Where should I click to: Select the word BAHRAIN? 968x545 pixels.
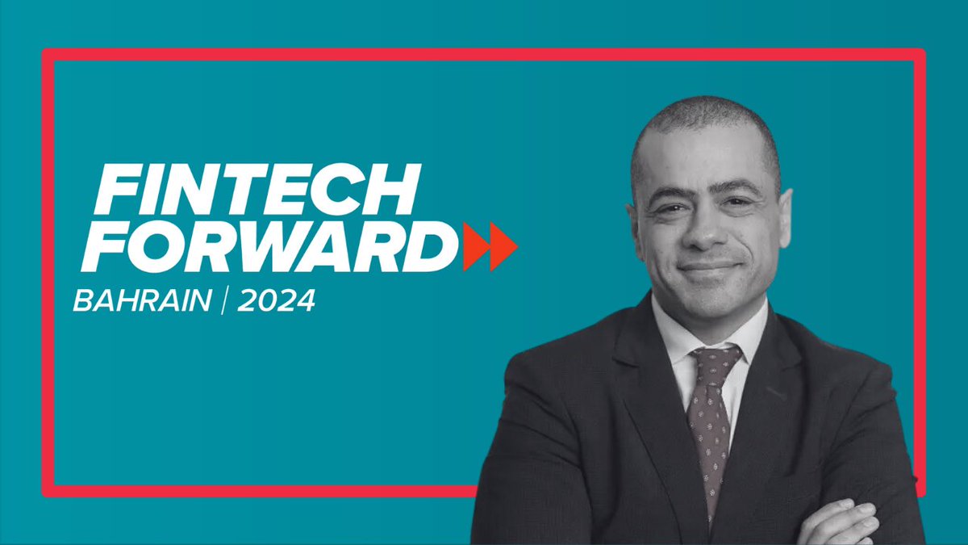coord(142,300)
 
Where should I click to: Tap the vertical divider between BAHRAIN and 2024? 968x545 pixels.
coord(225,300)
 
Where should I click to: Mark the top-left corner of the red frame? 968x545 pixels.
coord(46,54)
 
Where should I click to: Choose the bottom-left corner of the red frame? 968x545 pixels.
coord(46,491)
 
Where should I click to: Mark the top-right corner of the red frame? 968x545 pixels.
coord(920,54)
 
